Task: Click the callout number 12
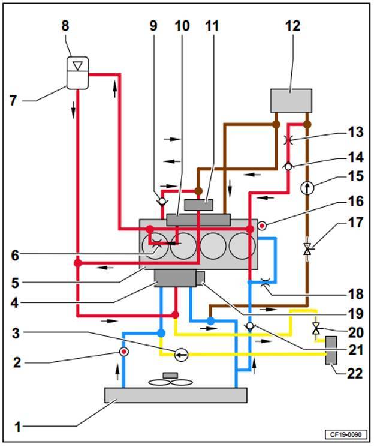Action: pyautogui.click(x=293, y=26)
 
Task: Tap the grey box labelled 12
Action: pyautogui.click(x=291, y=101)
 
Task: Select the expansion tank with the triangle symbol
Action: pyautogui.click(x=77, y=73)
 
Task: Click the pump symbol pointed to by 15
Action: pyautogui.click(x=307, y=188)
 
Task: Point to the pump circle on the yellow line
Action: pyautogui.click(x=181, y=355)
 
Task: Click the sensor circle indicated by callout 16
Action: pyautogui.click(x=262, y=226)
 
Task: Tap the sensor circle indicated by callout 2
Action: pyautogui.click(x=124, y=352)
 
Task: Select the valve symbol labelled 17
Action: pyautogui.click(x=307, y=249)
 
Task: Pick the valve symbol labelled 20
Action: pyautogui.click(x=316, y=328)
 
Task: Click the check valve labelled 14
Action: pyautogui.click(x=288, y=166)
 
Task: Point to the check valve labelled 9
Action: pyautogui.click(x=162, y=201)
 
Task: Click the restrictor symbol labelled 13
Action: pyautogui.click(x=288, y=140)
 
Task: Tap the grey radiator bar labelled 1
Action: pyautogui.click(x=176, y=395)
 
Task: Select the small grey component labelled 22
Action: pyautogui.click(x=331, y=350)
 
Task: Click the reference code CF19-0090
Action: pyautogui.click(x=345, y=434)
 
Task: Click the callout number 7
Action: pyautogui.click(x=13, y=101)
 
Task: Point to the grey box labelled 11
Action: pyautogui.click(x=198, y=205)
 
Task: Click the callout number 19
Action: pyautogui.click(x=356, y=314)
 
